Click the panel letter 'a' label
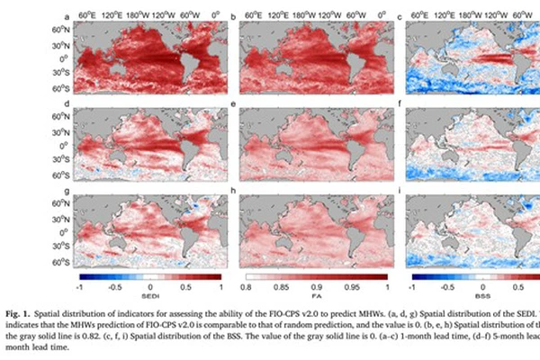tap(68, 16)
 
